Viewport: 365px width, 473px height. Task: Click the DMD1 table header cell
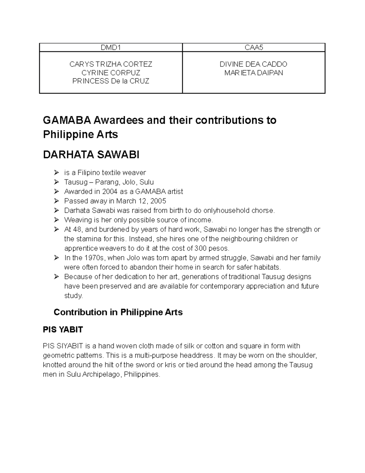111,47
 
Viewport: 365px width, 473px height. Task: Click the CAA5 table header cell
253,47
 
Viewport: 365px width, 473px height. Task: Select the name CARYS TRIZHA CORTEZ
111,64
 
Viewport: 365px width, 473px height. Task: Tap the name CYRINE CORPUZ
111,73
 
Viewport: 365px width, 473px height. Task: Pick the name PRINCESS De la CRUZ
111,81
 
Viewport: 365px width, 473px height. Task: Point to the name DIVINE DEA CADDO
253,64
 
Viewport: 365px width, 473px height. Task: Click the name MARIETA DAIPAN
253,73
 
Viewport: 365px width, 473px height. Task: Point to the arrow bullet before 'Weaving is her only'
56,220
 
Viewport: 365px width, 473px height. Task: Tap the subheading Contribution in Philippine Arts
118,312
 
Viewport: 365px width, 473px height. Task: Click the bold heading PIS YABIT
63,330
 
